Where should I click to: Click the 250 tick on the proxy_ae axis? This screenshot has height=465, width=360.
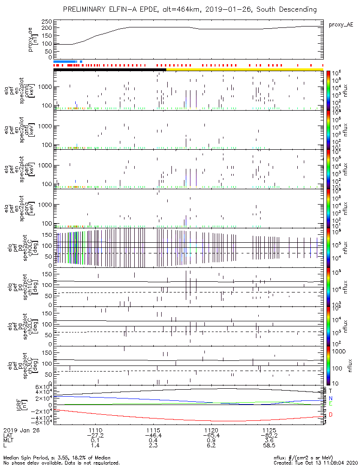click(x=46, y=22)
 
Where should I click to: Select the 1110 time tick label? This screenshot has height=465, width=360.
click(x=95, y=430)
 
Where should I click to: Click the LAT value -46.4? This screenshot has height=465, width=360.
click(x=153, y=435)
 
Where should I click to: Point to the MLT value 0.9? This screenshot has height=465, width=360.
click(x=211, y=440)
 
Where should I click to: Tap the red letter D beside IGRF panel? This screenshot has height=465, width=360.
click(x=331, y=414)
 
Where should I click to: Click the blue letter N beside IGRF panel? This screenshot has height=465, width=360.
click(x=331, y=398)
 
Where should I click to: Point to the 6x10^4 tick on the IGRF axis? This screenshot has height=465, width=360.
click(x=41, y=387)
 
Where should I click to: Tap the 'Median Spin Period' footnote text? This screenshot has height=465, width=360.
click(x=37, y=458)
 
